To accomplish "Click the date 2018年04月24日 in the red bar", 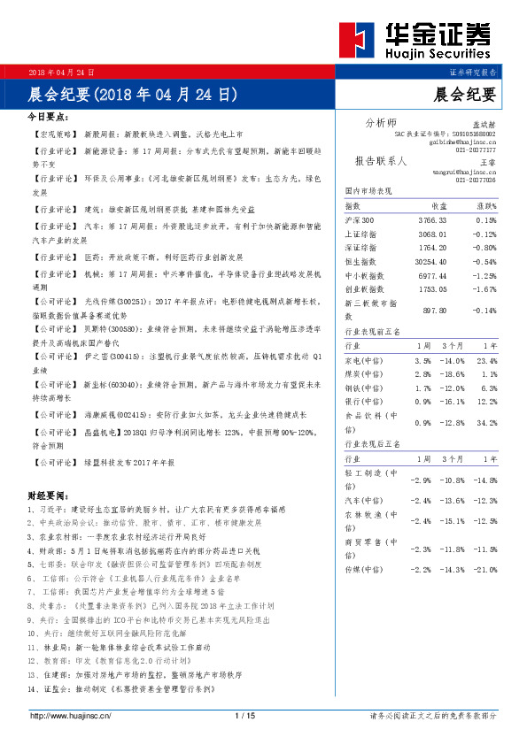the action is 62,72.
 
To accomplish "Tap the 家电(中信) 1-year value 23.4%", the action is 485,361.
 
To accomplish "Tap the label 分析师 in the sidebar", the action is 382,122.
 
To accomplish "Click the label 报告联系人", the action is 381,162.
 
